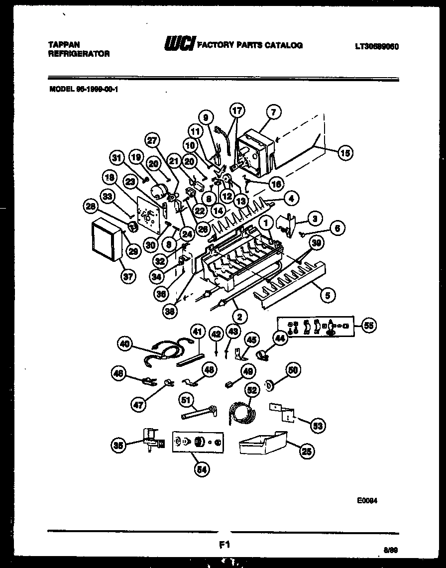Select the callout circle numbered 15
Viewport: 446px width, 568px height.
click(x=344, y=153)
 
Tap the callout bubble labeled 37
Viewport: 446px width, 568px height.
click(x=128, y=277)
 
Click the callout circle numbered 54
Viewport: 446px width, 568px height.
click(x=203, y=469)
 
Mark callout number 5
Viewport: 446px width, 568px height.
click(x=327, y=296)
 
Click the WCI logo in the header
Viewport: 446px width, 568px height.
click(x=179, y=44)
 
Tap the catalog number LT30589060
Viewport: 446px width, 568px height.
click(x=377, y=46)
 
